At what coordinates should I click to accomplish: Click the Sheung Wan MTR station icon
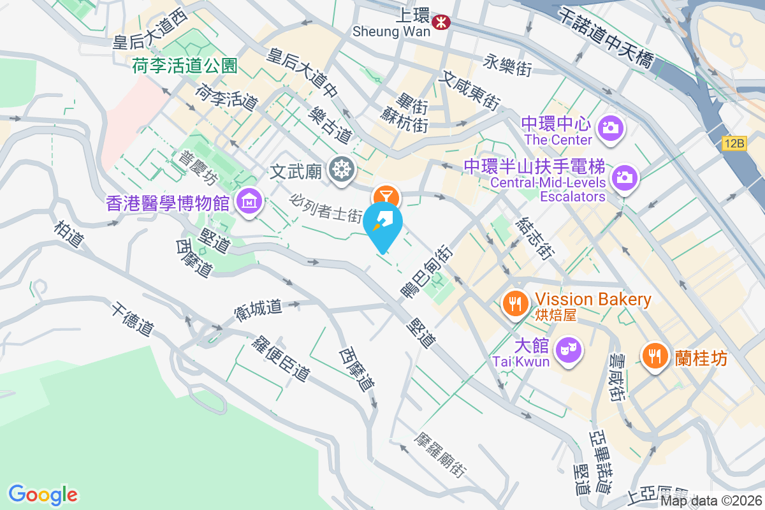coord(440,22)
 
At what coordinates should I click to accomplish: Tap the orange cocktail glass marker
coord(386,195)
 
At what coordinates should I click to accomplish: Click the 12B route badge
coord(734,143)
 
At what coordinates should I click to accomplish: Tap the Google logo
coord(43,494)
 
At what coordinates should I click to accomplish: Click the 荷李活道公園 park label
coord(185,65)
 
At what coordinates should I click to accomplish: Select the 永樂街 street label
coord(507,64)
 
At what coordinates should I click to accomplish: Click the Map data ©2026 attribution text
coord(710,501)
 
